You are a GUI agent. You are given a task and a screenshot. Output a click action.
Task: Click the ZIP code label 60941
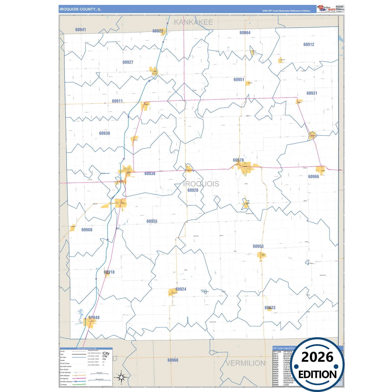pos(81,30)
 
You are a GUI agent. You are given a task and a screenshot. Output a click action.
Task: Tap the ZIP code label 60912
pos(309,44)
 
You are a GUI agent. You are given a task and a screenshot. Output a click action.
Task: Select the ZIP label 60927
pos(128,62)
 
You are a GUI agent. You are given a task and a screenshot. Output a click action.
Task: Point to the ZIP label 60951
pos(239,79)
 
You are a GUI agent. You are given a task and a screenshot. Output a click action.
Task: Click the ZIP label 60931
pos(312,93)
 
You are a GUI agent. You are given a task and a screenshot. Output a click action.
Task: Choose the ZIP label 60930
pos(104,133)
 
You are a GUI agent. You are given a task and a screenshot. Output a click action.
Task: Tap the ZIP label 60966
pos(313,177)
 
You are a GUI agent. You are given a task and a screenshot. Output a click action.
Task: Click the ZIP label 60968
pos(87,230)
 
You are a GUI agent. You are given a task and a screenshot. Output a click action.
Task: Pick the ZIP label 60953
pos(258,246)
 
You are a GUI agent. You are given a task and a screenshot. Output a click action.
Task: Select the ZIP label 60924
pos(181,289)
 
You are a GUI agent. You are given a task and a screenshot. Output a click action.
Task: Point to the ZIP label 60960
pos(173,360)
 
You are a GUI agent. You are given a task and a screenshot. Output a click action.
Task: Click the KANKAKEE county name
pos(193,22)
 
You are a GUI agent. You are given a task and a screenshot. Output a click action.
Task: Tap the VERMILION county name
pos(246,363)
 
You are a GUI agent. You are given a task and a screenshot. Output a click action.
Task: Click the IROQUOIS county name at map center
pos(201,184)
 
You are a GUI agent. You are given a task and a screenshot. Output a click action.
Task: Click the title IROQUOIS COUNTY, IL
pos(80,9)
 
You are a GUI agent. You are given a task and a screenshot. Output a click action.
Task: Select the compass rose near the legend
pos(121,377)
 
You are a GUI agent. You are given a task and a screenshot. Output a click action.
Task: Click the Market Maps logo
pos(326,9)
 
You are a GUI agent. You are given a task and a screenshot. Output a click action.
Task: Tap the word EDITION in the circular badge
pos(317,375)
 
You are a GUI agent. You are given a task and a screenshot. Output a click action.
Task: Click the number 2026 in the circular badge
pos(317,357)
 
